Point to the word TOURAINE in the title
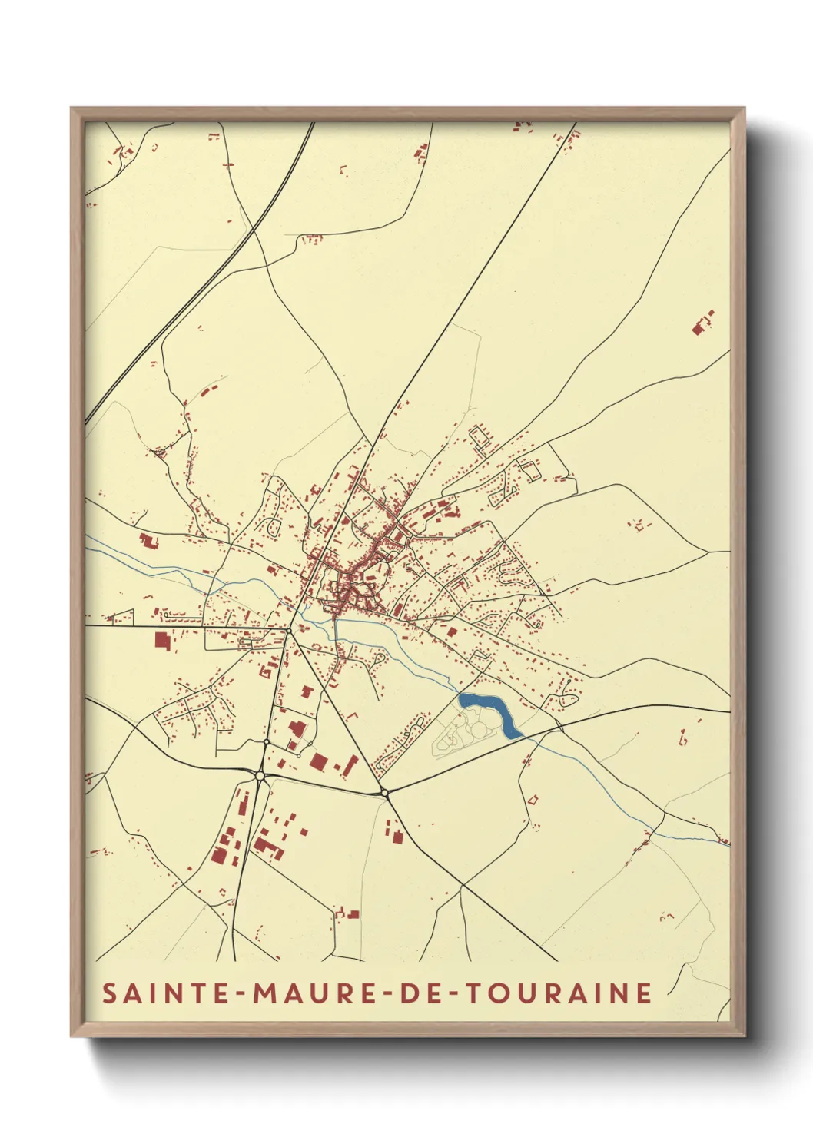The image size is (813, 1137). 559,993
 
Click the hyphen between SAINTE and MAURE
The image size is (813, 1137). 241,993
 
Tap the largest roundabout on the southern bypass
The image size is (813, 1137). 260,777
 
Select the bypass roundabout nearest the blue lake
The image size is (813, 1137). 383,792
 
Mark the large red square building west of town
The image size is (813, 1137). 161,640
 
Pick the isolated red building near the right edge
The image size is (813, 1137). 700,326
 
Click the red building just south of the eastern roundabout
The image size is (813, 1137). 397,835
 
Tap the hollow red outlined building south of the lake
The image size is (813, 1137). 532,800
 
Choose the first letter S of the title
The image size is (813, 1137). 110,993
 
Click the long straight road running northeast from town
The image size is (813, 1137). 476,269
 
